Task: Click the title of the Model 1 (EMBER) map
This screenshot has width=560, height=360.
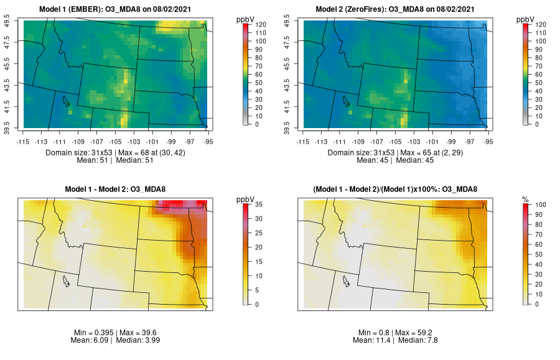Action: click(118, 9)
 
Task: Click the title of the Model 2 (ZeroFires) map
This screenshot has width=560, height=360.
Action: click(397, 9)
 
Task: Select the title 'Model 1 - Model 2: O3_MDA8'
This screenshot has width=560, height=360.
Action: click(118, 189)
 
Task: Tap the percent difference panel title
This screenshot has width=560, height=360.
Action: click(397, 189)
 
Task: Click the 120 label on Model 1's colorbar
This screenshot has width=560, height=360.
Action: click(261, 24)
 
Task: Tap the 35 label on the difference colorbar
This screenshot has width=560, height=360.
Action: click(258, 204)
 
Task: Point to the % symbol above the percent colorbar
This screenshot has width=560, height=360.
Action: click(525, 199)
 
